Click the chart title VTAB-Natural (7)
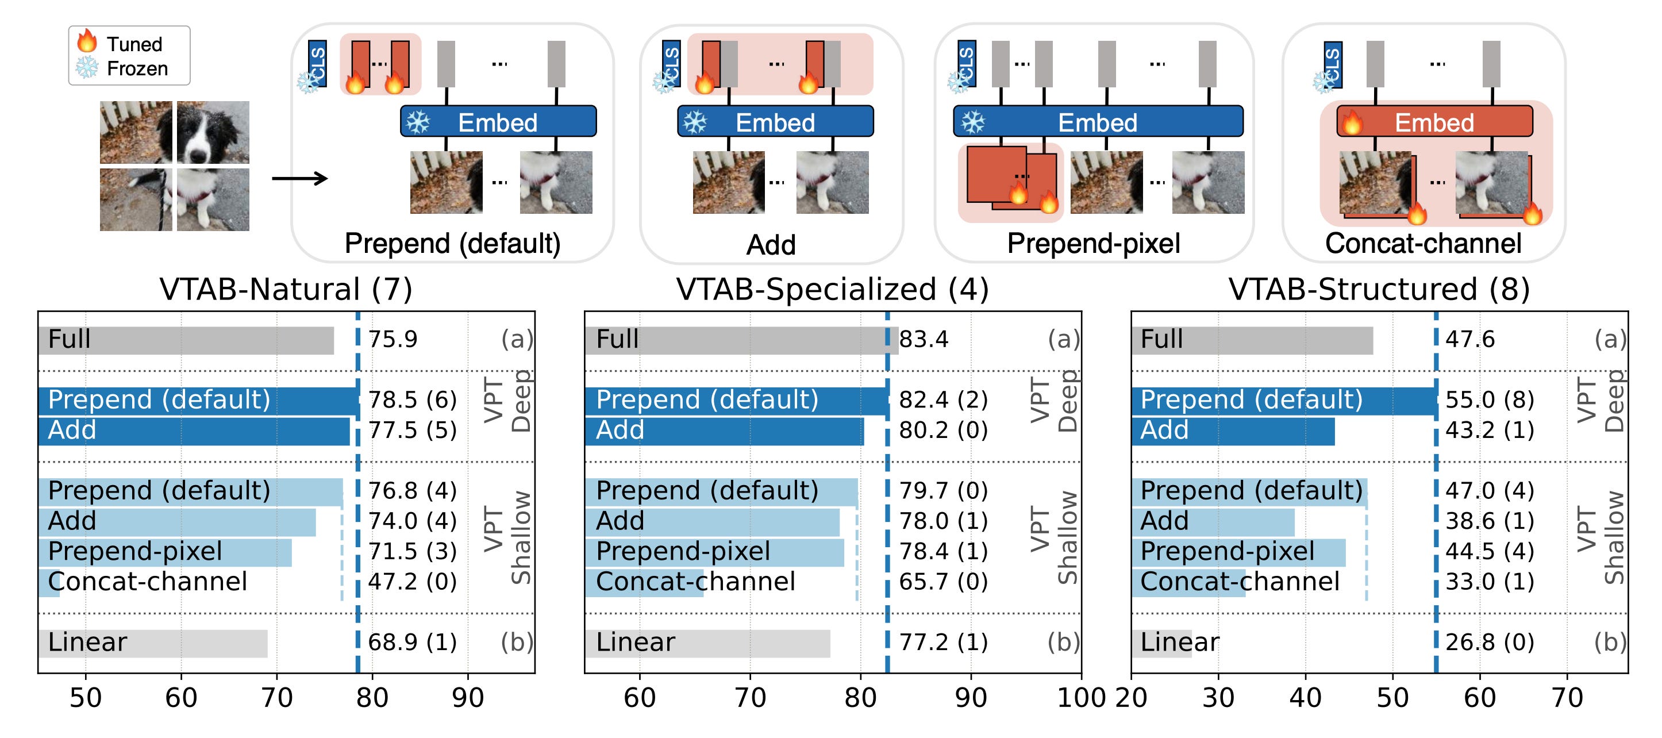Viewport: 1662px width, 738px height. pyautogui.click(x=286, y=289)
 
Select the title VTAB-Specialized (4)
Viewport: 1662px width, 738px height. pyautogui.click(x=832, y=289)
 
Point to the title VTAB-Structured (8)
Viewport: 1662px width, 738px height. pyautogui.click(x=1379, y=289)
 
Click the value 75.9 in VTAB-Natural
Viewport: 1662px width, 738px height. pyautogui.click(x=393, y=339)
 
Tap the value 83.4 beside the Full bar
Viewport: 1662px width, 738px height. pyautogui.click(x=924, y=339)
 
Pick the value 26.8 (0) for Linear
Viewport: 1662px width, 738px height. pyautogui.click(x=1489, y=643)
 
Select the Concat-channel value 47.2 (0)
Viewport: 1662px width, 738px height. pyautogui.click(x=412, y=582)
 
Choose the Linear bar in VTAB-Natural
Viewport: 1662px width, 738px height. pyautogui.click(x=152, y=644)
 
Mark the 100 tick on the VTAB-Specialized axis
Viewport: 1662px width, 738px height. pyautogui.click(x=1080, y=698)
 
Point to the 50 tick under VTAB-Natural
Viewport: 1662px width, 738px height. pyautogui.click(x=85, y=698)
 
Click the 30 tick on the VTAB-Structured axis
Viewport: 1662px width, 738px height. pyautogui.click(x=1218, y=698)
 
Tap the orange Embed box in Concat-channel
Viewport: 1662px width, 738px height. pyautogui.click(x=1434, y=122)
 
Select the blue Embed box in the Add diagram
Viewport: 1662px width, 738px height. pyautogui.click(x=775, y=122)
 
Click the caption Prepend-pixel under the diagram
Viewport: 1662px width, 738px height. pyautogui.click(x=1094, y=244)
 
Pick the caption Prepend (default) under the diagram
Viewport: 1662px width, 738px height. pyautogui.click(x=452, y=244)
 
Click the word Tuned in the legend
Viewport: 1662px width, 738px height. pyautogui.click(x=134, y=44)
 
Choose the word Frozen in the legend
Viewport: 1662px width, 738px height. pyautogui.click(x=137, y=69)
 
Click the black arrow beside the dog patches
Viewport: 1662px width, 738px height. pyautogui.click(x=299, y=178)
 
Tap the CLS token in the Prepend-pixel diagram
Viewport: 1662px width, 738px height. pyautogui.click(x=966, y=63)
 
